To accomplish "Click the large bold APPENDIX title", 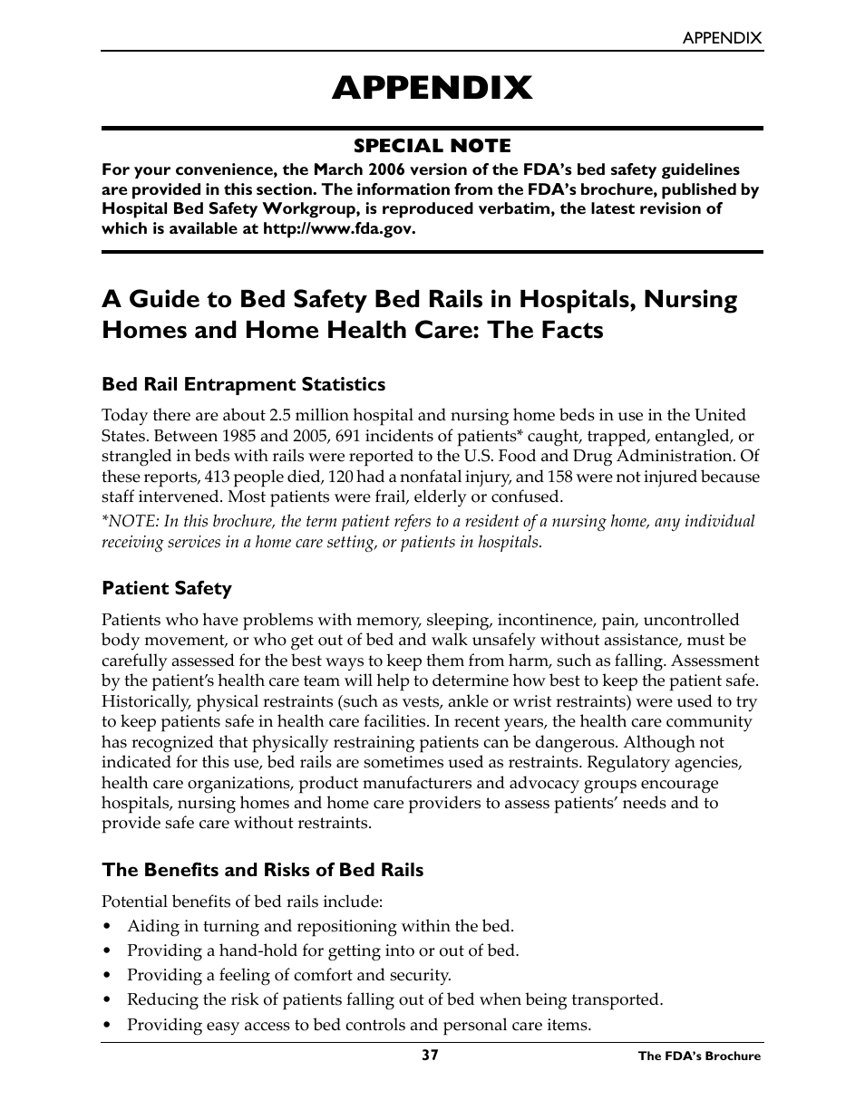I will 432,88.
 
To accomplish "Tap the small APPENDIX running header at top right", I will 722,38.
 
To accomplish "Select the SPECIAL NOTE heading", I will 432,146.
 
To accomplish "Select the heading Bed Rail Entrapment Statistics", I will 243,384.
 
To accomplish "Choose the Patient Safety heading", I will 167,589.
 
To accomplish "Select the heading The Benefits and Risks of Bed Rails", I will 262,870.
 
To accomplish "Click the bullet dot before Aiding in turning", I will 107,927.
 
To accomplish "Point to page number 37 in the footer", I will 430,1056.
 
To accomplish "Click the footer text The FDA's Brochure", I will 699,1056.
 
